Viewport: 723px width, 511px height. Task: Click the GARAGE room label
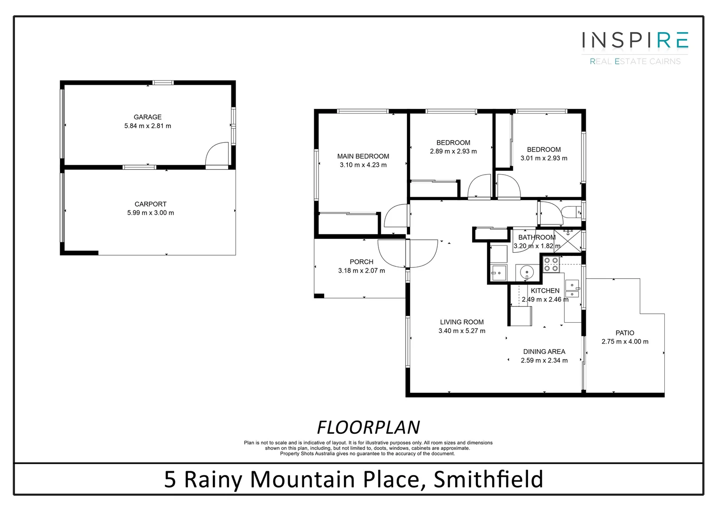(x=148, y=117)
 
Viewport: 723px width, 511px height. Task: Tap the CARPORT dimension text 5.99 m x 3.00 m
(x=150, y=213)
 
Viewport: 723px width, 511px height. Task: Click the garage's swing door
(x=217, y=154)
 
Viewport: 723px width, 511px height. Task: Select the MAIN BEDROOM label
(x=363, y=156)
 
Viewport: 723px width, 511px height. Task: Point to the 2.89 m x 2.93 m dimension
(x=453, y=151)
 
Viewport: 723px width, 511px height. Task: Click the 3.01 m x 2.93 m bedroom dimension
(x=544, y=158)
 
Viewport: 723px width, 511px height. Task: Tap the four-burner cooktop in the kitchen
(x=551, y=264)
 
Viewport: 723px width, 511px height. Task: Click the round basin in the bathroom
(x=526, y=273)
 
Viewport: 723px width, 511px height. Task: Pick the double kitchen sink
(x=573, y=289)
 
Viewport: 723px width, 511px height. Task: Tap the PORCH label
(x=361, y=262)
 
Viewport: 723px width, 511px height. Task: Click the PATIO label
(x=625, y=333)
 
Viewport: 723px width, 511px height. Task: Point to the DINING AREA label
(x=544, y=352)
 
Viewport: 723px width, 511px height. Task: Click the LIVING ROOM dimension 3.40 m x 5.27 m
(x=462, y=331)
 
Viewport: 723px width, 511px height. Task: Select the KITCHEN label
(x=545, y=291)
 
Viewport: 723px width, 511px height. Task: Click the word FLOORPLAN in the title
(x=368, y=427)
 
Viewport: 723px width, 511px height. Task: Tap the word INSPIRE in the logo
(x=635, y=40)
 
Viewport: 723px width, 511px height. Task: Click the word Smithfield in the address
(x=488, y=479)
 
